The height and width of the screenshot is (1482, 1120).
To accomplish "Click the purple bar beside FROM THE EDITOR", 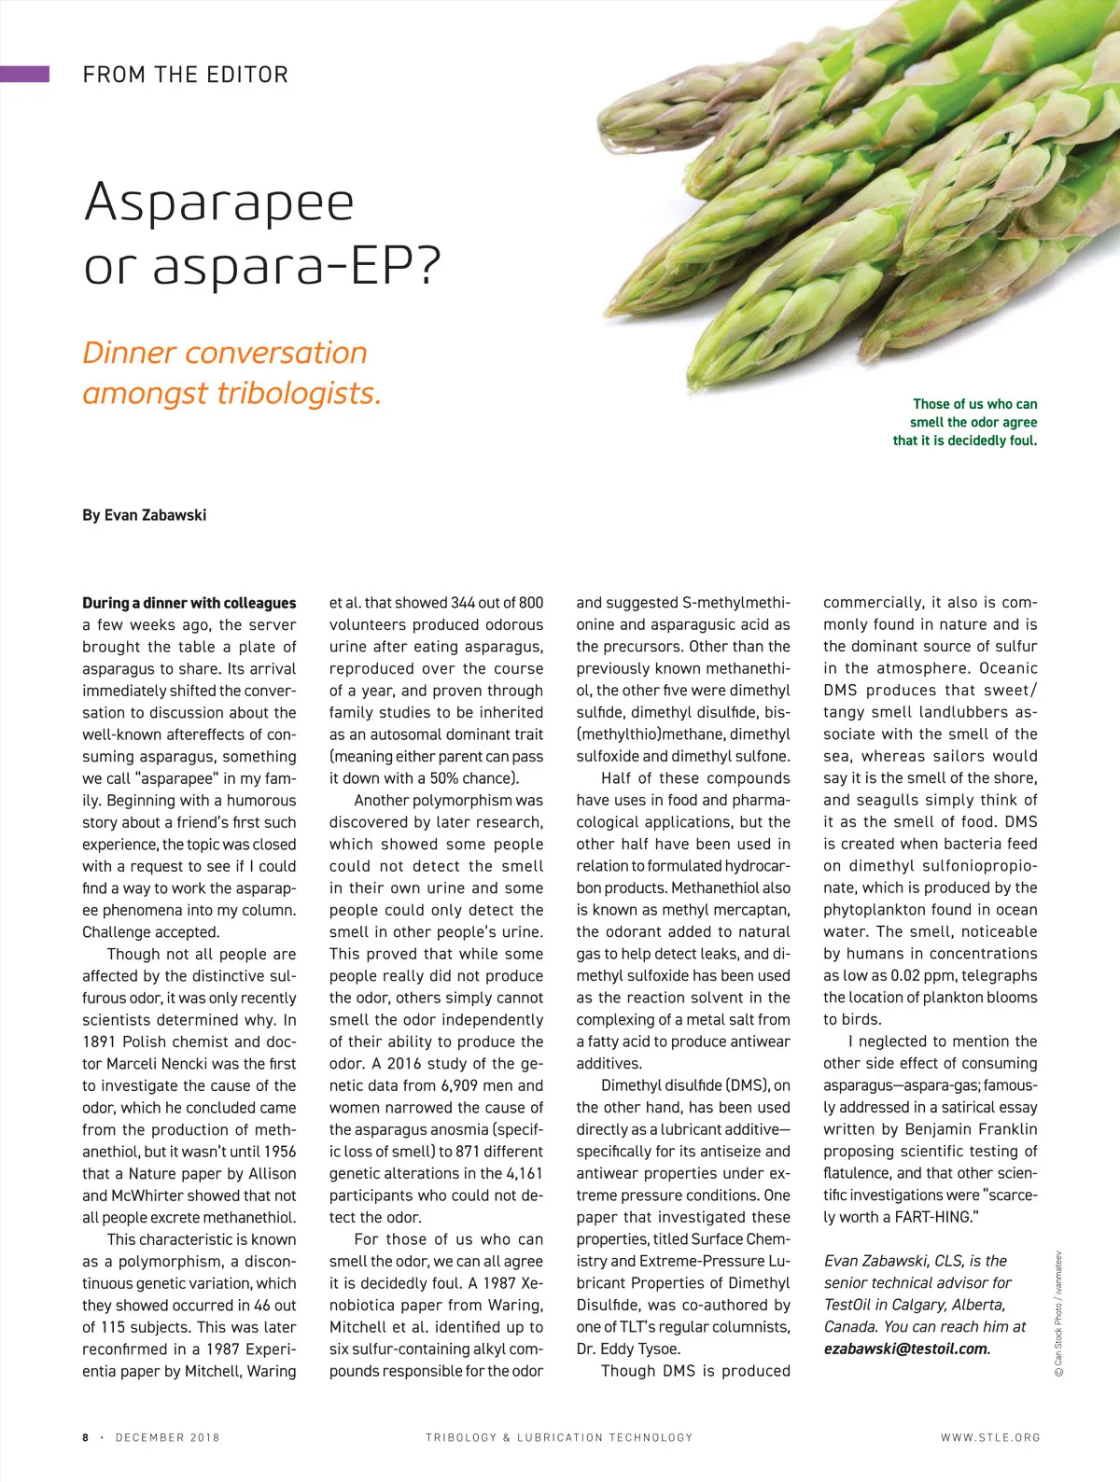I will tap(24, 74).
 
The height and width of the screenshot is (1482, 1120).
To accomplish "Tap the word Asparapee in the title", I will tap(219, 203).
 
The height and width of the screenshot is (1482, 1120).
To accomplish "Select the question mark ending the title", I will tap(425, 265).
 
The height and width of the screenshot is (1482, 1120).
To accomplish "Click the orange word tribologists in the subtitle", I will tap(299, 393).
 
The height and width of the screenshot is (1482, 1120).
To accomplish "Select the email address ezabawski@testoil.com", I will tap(905, 1349).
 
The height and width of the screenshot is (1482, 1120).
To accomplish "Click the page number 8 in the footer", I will tap(86, 1437).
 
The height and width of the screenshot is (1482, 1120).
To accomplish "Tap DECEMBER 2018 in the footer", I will tap(167, 1437).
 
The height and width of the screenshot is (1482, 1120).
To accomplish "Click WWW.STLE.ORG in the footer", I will tap(990, 1437).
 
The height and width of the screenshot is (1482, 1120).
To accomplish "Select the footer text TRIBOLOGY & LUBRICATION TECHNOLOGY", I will tap(559, 1437).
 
